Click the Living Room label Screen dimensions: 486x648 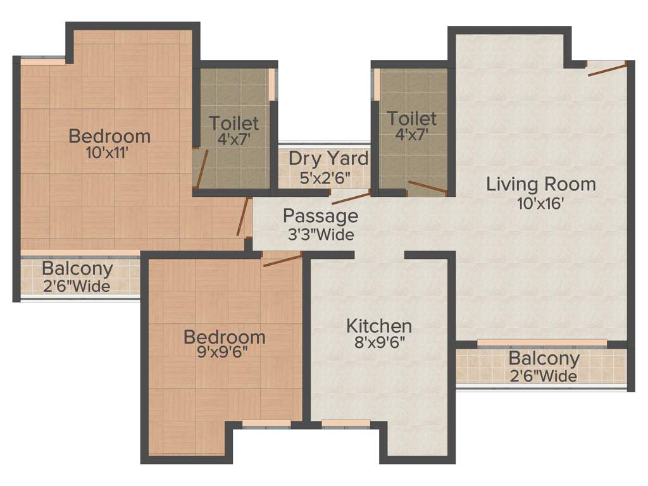[x=541, y=184]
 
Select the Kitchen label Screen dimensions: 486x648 [x=379, y=326]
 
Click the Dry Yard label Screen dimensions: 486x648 [x=328, y=158]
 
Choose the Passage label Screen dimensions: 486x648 [x=320, y=216]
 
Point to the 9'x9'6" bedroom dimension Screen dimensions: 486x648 [x=216, y=353]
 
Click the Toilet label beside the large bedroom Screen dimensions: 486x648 [x=234, y=123]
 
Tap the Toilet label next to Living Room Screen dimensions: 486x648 [x=412, y=118]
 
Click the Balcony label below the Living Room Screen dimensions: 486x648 [x=544, y=359]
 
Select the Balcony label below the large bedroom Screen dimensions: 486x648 [x=77, y=268]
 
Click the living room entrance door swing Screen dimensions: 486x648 [x=607, y=68]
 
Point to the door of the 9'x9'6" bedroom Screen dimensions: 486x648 [x=282, y=259]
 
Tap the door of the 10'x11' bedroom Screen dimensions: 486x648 [x=242, y=217]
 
